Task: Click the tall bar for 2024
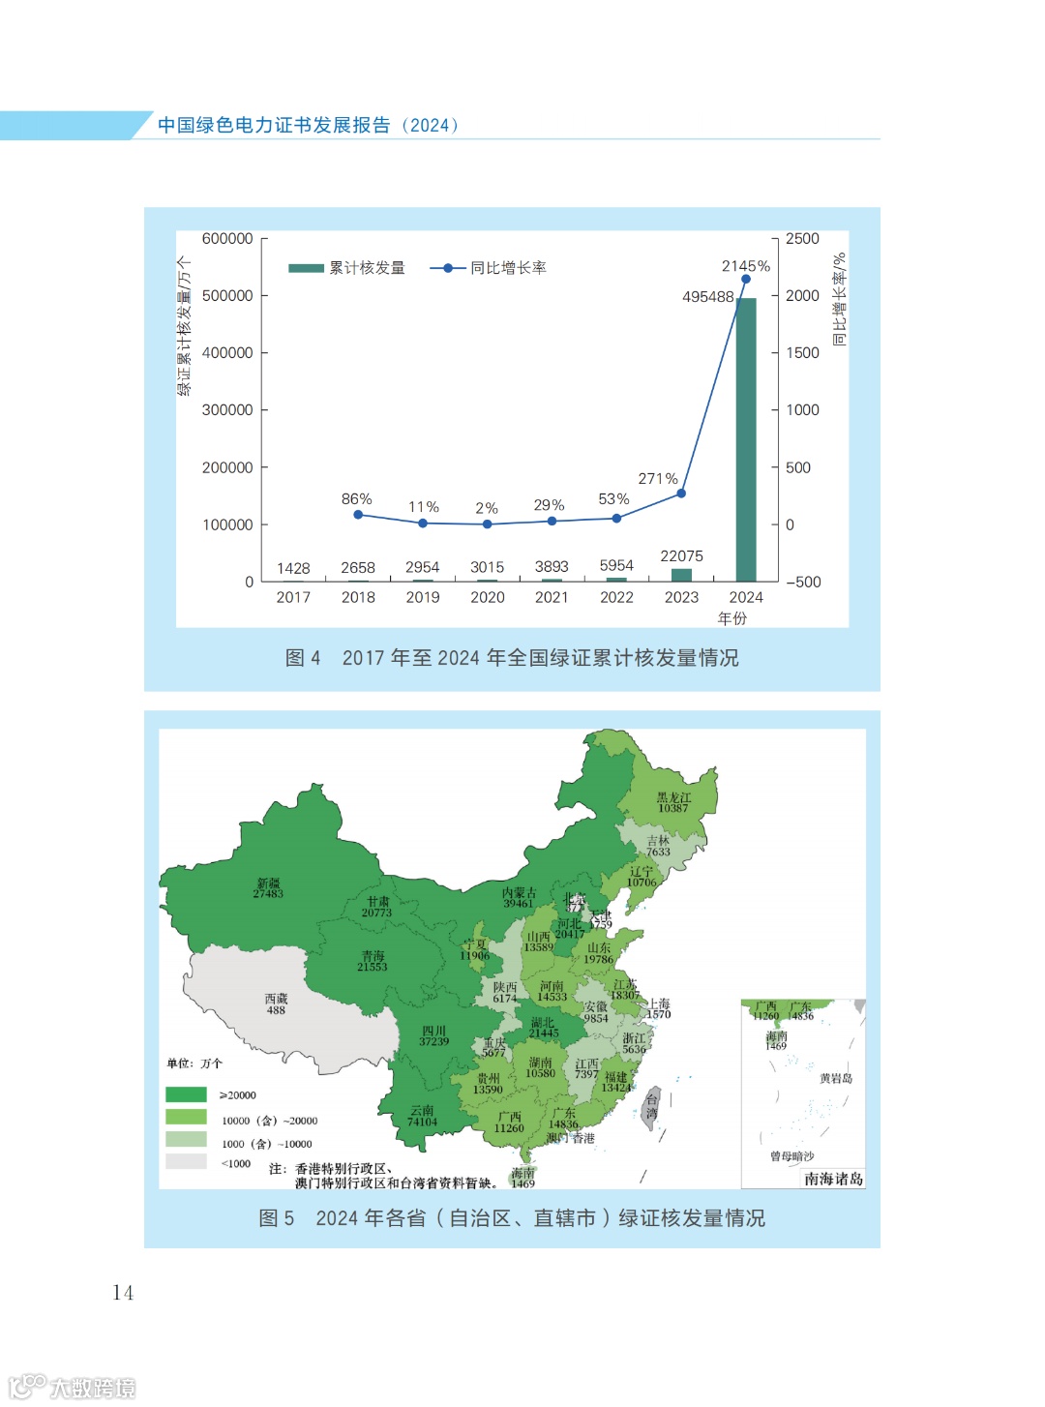[x=746, y=440]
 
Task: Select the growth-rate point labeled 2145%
[x=746, y=280]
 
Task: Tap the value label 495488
[x=707, y=297]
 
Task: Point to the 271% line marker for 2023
[x=681, y=494]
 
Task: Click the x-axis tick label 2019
[x=423, y=598]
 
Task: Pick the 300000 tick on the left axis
[x=227, y=410]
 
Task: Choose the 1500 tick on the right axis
[x=802, y=353]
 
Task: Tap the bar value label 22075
[x=681, y=556]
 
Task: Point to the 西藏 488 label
[x=276, y=1003]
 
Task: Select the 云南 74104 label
[x=422, y=1116]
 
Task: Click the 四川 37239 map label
[x=433, y=1035]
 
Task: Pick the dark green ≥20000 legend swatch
[x=187, y=1094]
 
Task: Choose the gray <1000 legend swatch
[x=187, y=1162]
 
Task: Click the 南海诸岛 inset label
[x=833, y=1179]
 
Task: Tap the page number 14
[x=123, y=1293]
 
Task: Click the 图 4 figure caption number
[x=303, y=658]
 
